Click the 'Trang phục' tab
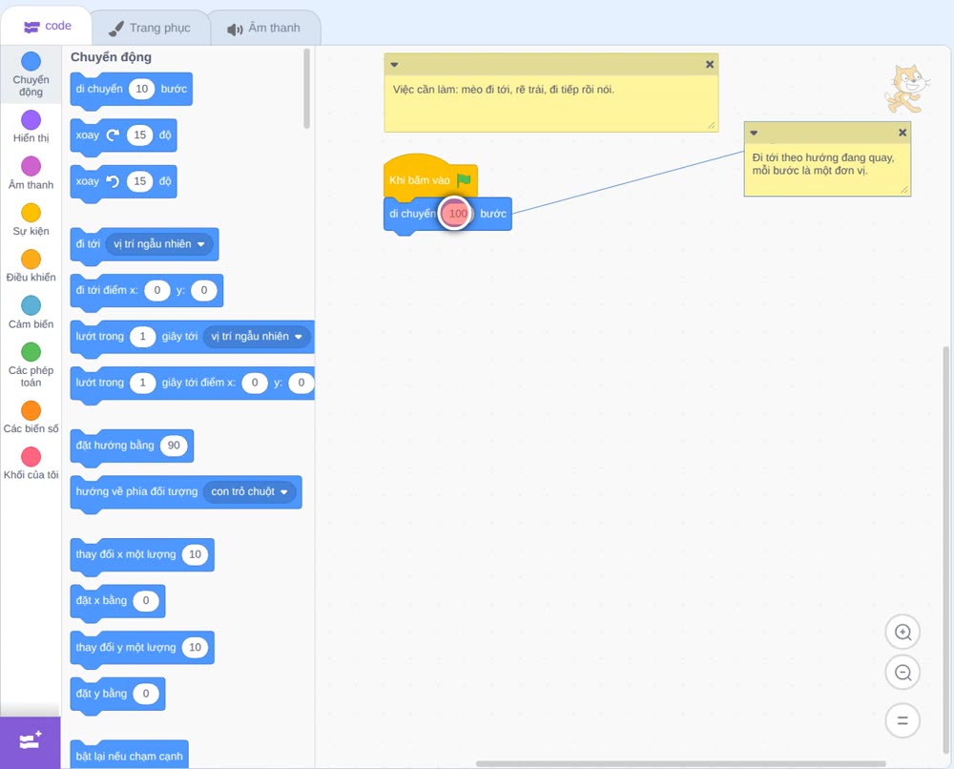click(x=151, y=28)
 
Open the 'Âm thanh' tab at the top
click(x=264, y=28)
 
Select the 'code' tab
click(x=47, y=26)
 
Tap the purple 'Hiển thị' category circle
click(x=31, y=120)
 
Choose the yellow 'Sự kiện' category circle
click(x=31, y=213)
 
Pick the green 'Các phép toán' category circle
click(x=31, y=352)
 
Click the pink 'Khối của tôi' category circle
click(x=31, y=456)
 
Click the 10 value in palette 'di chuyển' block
click(x=142, y=89)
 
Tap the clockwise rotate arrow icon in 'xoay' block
click(x=113, y=135)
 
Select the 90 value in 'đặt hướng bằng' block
click(x=174, y=446)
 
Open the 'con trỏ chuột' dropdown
click(x=249, y=491)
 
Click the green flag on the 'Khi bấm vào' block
click(x=464, y=180)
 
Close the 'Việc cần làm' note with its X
click(x=710, y=65)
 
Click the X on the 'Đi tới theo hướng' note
click(x=902, y=133)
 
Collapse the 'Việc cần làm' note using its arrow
click(x=394, y=65)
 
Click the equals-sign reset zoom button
click(x=902, y=721)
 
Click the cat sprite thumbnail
click(x=906, y=90)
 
